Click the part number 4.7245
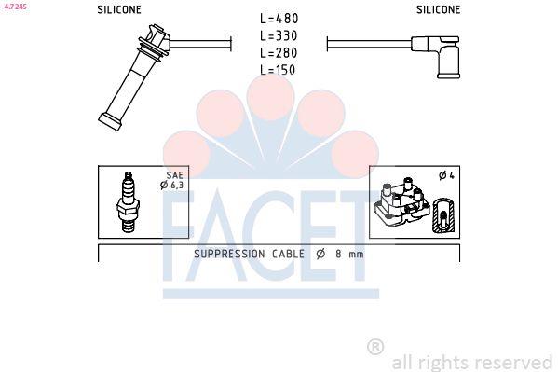(x=15, y=7)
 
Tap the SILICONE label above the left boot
(x=119, y=9)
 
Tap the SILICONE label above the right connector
(x=438, y=9)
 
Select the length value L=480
(x=279, y=19)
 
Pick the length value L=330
(x=279, y=35)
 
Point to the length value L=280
(x=279, y=53)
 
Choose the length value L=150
(x=278, y=70)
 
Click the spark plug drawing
(x=129, y=201)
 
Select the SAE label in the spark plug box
(x=175, y=175)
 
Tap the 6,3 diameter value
(x=176, y=185)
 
